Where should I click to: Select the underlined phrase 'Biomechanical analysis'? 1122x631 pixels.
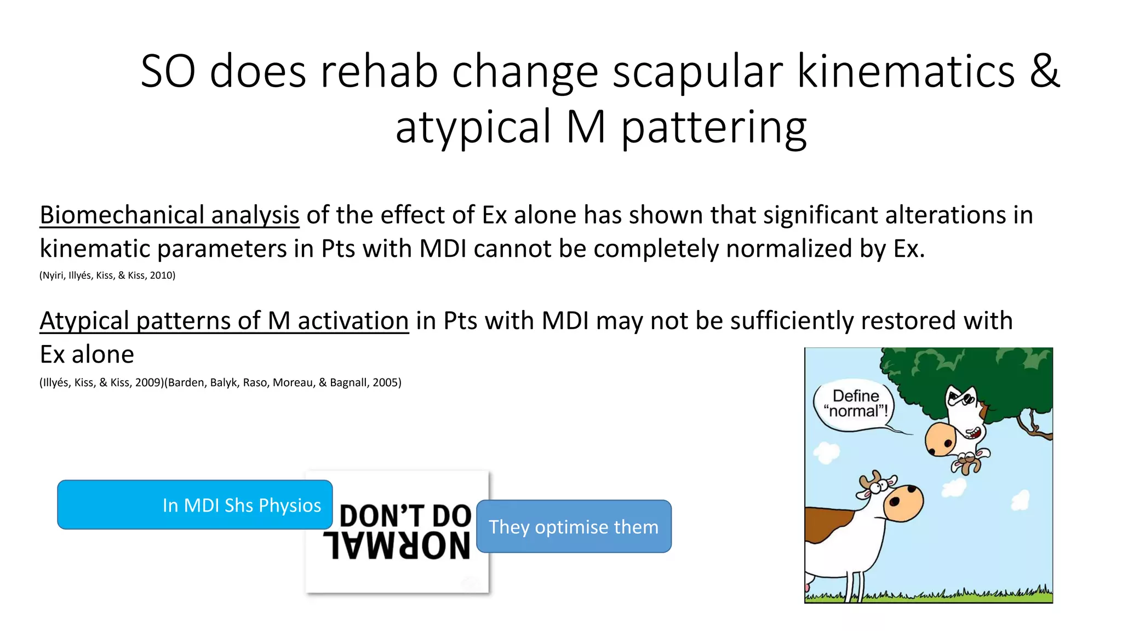(169, 215)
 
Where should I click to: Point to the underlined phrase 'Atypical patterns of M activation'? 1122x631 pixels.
(224, 321)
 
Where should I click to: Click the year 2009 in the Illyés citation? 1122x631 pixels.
(147, 383)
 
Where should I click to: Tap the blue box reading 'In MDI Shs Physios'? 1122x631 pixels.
(194, 504)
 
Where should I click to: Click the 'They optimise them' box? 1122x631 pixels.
(573, 526)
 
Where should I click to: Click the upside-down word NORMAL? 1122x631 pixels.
(397, 546)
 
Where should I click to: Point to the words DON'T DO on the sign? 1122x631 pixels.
(405, 515)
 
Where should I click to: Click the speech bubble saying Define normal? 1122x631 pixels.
(855, 404)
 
